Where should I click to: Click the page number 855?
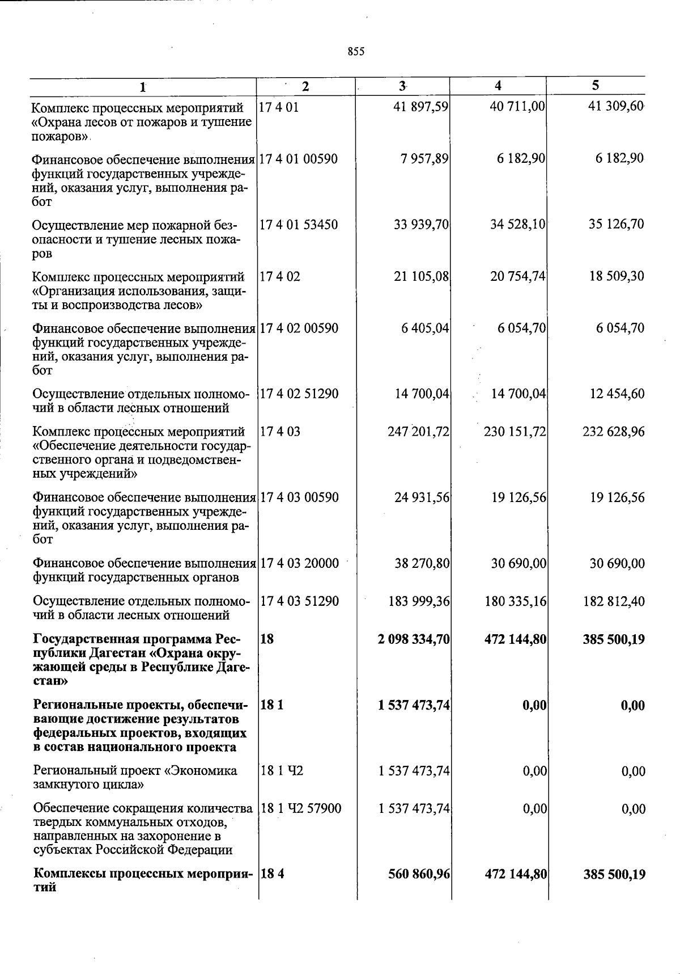pos(356,52)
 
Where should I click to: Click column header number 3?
pos(402,86)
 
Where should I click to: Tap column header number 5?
pos(595,85)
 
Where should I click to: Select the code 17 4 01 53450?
pos(298,225)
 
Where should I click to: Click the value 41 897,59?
pos(420,107)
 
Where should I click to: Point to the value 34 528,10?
pos(517,225)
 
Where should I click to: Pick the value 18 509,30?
pos(616,276)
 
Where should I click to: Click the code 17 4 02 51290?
pos(299,394)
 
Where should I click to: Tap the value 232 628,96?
pos(613,432)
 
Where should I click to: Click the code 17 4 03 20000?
pos(299,563)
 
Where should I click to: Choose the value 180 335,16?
pos(516,601)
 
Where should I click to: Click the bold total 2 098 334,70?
pos(414,639)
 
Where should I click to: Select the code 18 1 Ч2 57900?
pos(300,808)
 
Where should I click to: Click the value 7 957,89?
pos(424,159)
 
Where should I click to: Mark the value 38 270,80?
pos(422,563)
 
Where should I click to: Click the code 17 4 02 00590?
pos(298,328)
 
